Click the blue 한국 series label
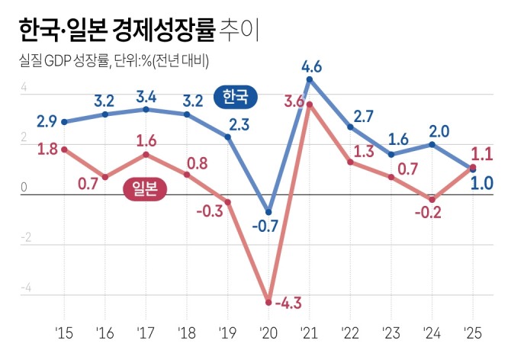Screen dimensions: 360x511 coord(236,97)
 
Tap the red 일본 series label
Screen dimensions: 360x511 coord(144,190)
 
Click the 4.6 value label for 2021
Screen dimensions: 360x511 coord(312,66)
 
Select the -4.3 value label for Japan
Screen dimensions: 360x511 coord(288,304)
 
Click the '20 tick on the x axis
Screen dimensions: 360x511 coord(268,333)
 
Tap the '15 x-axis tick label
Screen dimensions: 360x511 coord(64,333)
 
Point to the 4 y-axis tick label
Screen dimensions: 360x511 coord(24,88)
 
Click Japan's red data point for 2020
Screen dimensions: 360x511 coord(268,302)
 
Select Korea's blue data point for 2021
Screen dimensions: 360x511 coord(310,79)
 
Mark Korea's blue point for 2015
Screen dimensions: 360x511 coord(64,122)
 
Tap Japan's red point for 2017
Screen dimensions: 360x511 coord(146,155)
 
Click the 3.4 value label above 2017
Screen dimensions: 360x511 coord(146,96)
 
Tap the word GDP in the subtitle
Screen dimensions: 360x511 coord(60,62)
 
